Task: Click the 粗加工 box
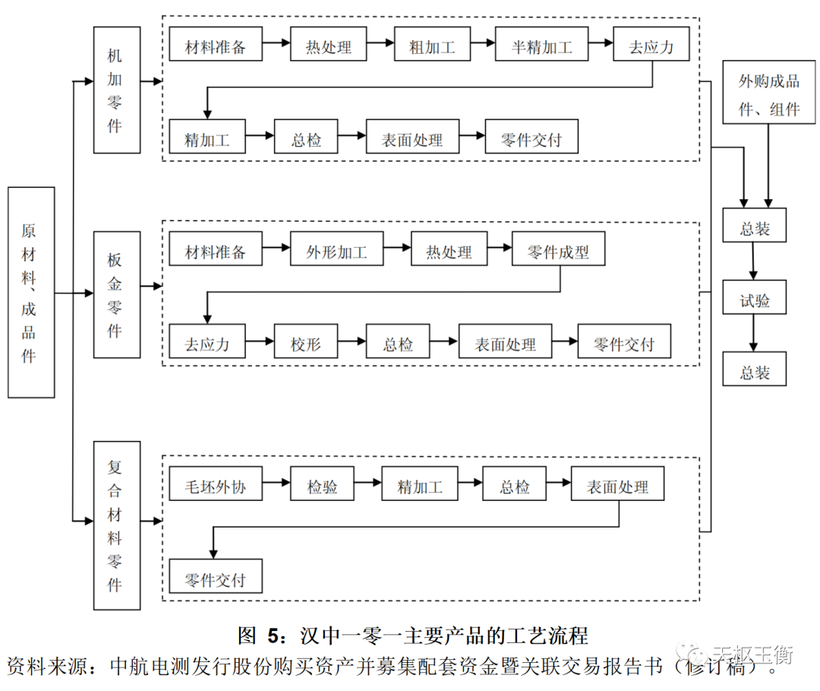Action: [x=432, y=47]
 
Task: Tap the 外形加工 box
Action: [x=336, y=252]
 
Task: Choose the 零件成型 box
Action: [x=558, y=252]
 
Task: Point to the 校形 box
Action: [x=305, y=344]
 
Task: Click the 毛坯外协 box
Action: [x=216, y=487]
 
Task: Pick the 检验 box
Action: [x=323, y=487]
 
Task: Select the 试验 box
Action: [x=754, y=301]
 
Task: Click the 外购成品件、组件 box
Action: [x=769, y=94]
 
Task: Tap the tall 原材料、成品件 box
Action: [x=31, y=292]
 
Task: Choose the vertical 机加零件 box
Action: [x=116, y=90]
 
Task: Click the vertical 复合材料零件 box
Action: [x=116, y=525]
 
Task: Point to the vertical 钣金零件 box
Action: [x=116, y=295]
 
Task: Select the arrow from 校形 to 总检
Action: [x=352, y=344]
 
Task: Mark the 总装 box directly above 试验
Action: [x=754, y=228]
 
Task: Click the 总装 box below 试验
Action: [x=754, y=372]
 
